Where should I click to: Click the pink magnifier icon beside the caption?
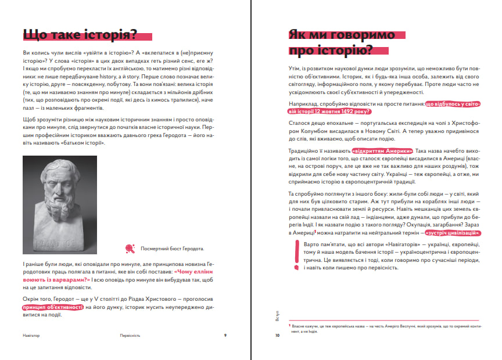(x=130, y=249)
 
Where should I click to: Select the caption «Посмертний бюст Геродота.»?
(x=173, y=250)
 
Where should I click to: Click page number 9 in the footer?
(x=225, y=335)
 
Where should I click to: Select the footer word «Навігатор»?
(x=31, y=335)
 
